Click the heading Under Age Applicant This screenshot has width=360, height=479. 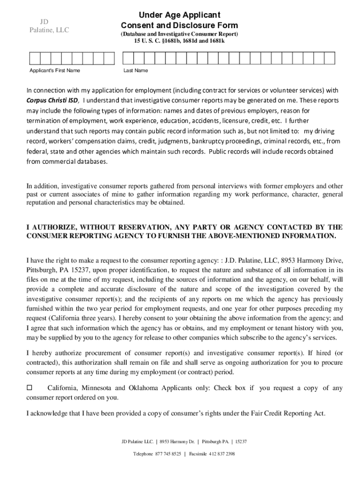point(179,15)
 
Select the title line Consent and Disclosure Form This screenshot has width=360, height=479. point(179,25)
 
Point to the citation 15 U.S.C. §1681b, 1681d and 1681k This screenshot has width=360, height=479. point(179,41)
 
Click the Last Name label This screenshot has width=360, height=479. point(136,71)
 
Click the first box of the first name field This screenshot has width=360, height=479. point(35,58)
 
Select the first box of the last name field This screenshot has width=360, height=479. point(128,58)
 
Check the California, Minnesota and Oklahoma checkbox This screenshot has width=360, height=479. point(29,388)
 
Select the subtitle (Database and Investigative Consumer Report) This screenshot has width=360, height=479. point(179,35)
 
